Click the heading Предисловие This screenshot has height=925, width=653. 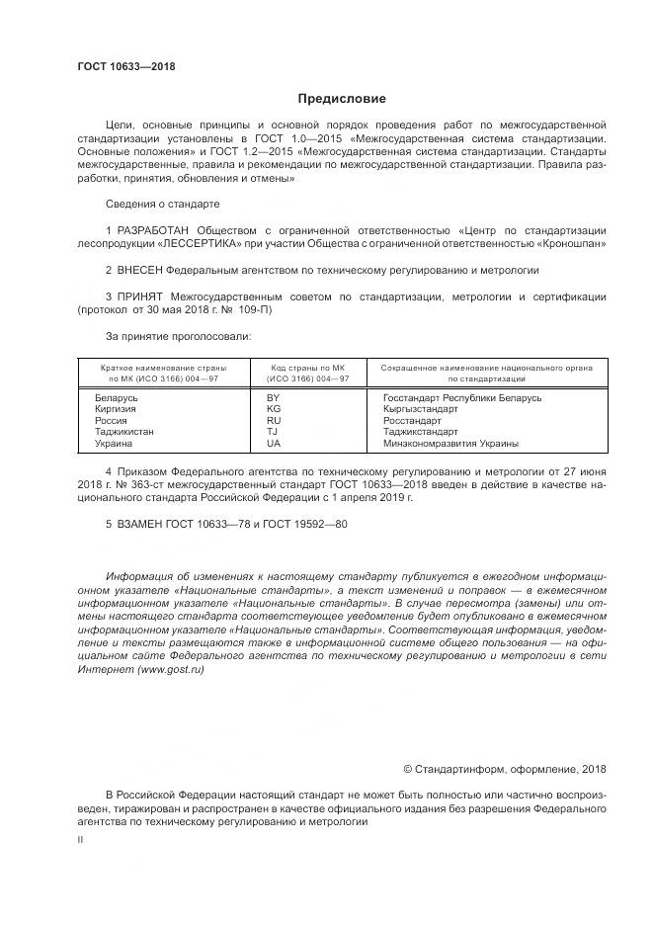pos(342,99)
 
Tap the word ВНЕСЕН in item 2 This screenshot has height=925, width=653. pos(140,268)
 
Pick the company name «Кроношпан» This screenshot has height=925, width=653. pos(573,242)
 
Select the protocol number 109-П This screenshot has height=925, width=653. pos(252,309)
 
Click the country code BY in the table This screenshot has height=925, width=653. pos(274,397)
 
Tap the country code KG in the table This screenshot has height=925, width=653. pos(274,409)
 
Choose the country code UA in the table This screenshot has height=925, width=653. pos(274,445)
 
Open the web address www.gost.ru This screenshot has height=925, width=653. pos(172,669)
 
